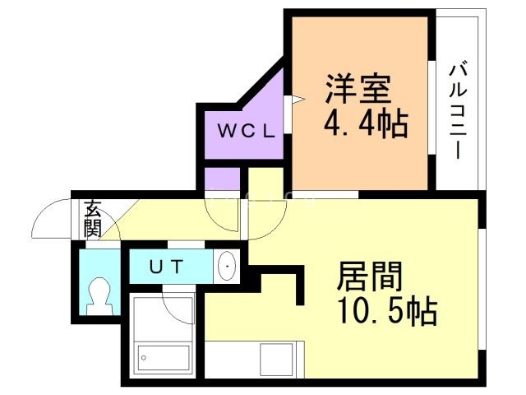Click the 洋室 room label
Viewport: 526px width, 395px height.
point(358,89)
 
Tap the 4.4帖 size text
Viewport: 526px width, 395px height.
point(366,123)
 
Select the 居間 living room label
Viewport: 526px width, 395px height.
point(370,276)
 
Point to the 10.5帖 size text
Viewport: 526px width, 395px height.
point(389,311)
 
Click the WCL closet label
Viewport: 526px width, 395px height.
point(247,131)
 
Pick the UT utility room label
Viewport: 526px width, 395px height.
point(166,267)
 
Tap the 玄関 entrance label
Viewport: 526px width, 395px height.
point(93,219)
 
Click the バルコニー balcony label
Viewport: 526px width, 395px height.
point(459,109)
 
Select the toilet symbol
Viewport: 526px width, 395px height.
point(99,296)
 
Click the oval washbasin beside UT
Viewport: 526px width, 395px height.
point(227,266)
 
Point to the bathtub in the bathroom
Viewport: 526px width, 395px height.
point(164,358)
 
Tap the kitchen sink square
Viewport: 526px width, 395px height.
point(276,360)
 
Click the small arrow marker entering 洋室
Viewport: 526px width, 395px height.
point(298,100)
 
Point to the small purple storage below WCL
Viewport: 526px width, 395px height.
point(222,179)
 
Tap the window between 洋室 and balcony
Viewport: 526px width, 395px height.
point(431,108)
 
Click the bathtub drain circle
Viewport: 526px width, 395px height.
point(144,358)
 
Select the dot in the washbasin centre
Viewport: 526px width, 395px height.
point(227,267)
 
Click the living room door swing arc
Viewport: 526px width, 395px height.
point(275,226)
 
